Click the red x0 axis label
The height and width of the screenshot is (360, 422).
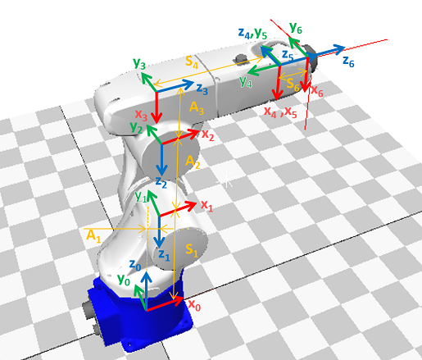click(x=194, y=305)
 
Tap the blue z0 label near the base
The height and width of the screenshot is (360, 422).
click(x=135, y=265)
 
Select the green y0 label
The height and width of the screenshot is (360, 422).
click(x=124, y=280)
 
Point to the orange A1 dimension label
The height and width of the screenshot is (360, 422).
click(x=93, y=235)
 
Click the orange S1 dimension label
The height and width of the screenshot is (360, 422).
click(x=192, y=250)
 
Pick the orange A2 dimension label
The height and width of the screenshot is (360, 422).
click(x=193, y=162)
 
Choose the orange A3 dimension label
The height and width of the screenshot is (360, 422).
click(x=197, y=108)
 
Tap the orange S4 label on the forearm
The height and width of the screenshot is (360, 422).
click(x=192, y=62)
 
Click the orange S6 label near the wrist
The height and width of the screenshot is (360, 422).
click(x=293, y=84)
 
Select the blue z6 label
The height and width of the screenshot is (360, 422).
click(x=348, y=62)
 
